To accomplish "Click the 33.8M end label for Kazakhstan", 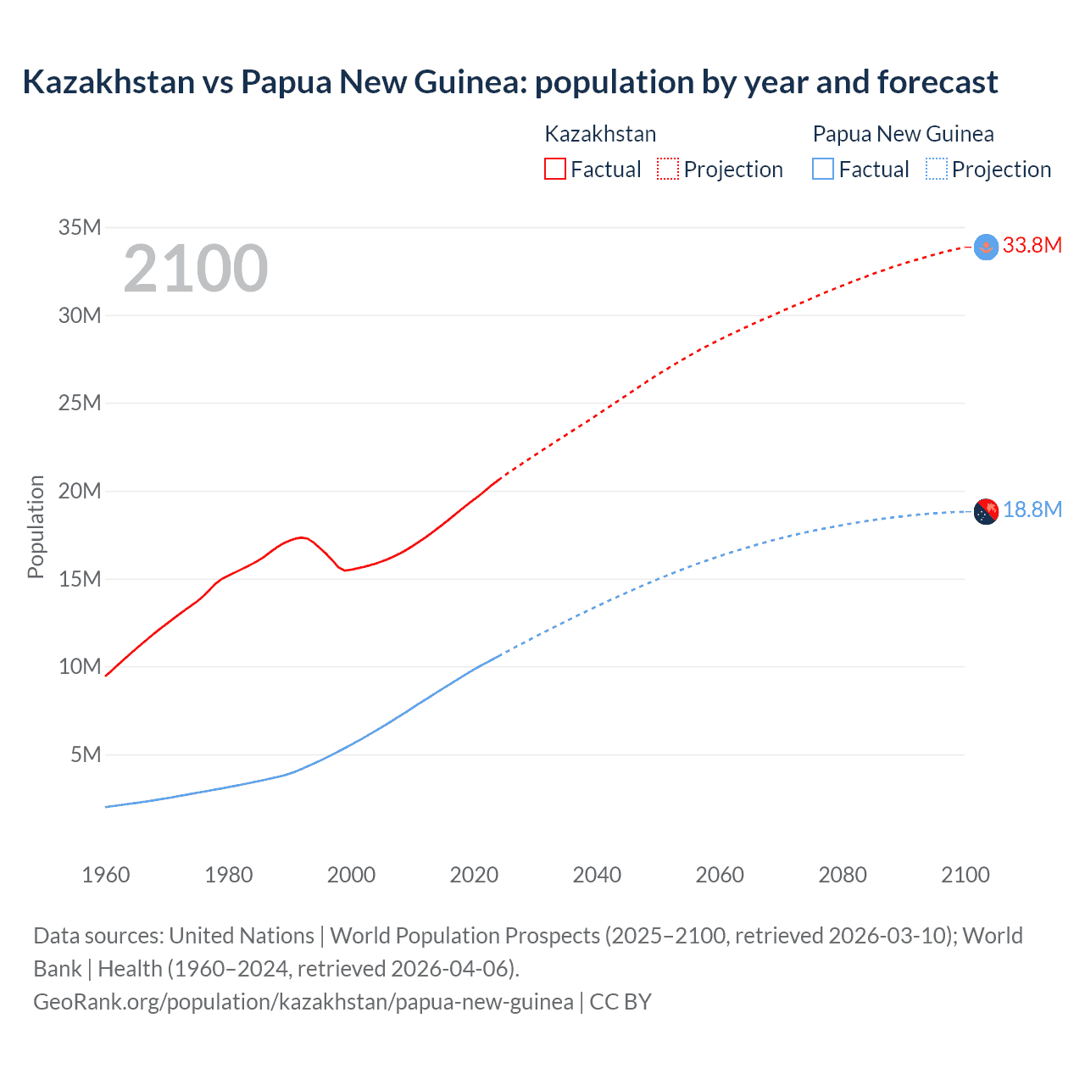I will (1032, 246).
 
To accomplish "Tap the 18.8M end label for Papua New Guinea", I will (1032, 509).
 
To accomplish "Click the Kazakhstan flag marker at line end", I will (986, 247).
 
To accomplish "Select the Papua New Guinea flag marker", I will (986, 512).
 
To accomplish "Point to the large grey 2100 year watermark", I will (196, 269).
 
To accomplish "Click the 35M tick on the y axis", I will (80, 227).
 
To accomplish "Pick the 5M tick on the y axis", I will (86, 754).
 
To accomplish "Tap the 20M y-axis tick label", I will (80, 491).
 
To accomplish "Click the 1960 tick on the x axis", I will (106, 875).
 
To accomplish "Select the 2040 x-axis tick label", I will (597, 875).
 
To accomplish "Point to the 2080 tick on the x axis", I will (843, 875).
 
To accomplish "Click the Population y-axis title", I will (36, 526).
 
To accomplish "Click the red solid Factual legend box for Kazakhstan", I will (554, 169).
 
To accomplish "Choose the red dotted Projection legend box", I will (668, 169).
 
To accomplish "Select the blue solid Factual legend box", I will (823, 169).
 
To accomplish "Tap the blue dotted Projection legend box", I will (936, 169).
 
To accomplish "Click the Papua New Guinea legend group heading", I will (903, 134).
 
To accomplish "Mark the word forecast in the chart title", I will (938, 82).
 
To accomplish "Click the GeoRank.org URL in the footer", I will (303, 1002).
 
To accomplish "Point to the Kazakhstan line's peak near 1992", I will (301, 537).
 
